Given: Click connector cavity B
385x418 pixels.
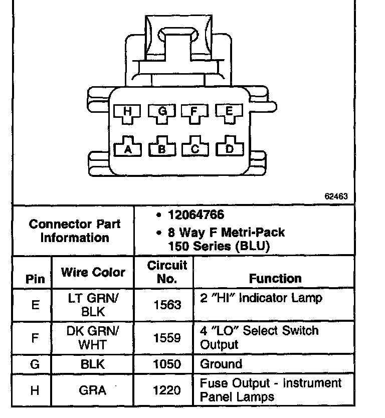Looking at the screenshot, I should (162, 148).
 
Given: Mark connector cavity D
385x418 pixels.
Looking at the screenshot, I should (230, 148).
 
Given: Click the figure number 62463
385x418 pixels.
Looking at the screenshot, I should (336, 196).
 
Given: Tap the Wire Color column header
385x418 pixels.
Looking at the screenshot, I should (93, 272).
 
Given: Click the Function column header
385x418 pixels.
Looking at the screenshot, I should (275, 278).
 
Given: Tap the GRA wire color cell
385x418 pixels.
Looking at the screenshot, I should (93, 390).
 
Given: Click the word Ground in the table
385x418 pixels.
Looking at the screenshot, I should (221, 364).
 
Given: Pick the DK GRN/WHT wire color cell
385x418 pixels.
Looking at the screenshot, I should (93, 338).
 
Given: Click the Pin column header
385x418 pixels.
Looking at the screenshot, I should (35, 279).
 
